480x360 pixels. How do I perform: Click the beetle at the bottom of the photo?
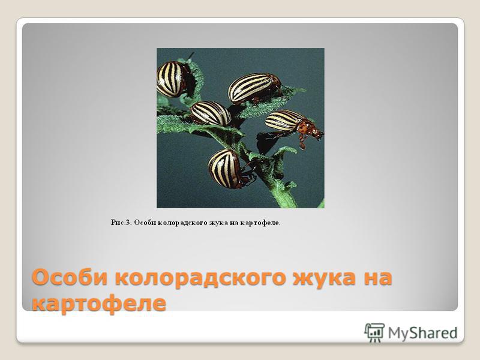coord(227,169)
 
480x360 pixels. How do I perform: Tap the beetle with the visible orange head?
coord(292,124)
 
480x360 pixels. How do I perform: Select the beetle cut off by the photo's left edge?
coord(172,79)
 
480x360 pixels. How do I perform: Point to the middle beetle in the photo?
coord(211,113)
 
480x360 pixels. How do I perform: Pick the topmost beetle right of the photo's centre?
coord(254,88)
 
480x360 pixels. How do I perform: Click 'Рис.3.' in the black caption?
coord(121,223)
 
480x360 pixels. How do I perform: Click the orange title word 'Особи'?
coord(71,277)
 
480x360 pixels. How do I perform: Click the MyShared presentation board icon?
coord(374,332)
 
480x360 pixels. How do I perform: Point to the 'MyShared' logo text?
coord(422,333)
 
